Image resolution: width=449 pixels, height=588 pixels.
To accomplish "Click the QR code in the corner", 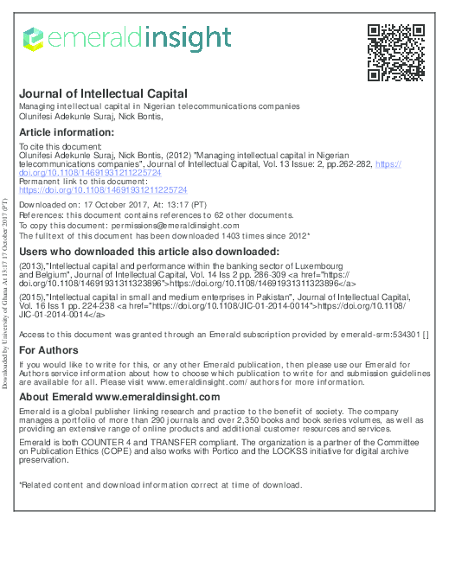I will [397, 52].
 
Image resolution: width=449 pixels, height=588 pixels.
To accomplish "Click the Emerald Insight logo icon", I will [33, 39].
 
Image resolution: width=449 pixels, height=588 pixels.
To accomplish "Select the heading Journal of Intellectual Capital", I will [103, 93].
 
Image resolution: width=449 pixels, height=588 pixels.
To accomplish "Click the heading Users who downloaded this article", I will [137, 251].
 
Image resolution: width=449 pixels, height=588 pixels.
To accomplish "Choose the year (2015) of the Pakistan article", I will [31, 296].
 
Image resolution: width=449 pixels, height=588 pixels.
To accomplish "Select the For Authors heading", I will [48, 349].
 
